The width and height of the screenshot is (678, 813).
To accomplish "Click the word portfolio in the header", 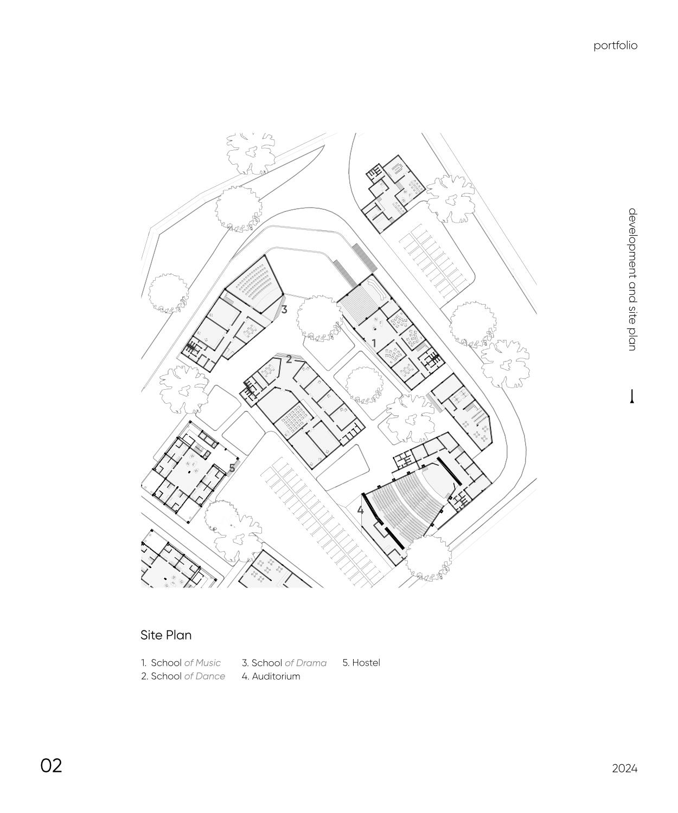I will click(615, 46).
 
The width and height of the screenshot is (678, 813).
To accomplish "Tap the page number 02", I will click(52, 765).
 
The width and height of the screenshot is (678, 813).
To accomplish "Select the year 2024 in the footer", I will click(624, 769).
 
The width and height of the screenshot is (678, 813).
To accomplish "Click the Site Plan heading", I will click(166, 635).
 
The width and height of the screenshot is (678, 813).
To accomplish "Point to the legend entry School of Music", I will click(181, 663).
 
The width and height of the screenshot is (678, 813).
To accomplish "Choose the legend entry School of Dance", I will click(183, 676).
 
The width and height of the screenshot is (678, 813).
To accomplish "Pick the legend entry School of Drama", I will click(284, 663).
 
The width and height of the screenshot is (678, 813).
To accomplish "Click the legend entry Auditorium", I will click(271, 676).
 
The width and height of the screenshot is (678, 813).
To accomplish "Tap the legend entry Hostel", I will click(361, 663).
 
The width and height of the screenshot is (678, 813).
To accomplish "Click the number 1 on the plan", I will click(374, 344).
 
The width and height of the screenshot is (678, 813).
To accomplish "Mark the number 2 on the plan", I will click(289, 359).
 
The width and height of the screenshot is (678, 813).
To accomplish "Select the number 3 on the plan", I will click(284, 310).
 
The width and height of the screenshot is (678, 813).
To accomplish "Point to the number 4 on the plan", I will click(360, 510).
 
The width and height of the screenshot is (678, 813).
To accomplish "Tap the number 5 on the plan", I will click(232, 468).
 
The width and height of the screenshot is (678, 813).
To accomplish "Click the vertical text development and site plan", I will click(632, 279).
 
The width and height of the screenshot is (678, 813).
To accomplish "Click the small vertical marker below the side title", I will click(632, 397).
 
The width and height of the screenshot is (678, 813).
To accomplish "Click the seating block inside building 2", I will click(295, 417).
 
